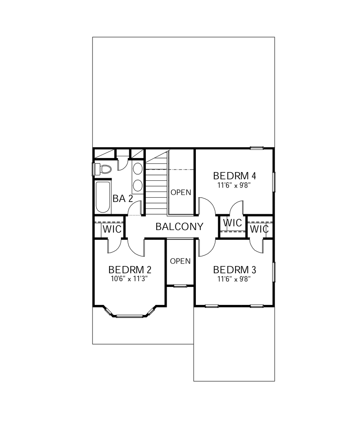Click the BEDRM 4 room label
click(234, 176)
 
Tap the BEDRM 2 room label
click(130, 270)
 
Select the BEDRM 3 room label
click(234, 270)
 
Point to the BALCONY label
click(179, 227)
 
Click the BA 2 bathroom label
click(123, 199)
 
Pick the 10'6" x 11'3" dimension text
click(130, 278)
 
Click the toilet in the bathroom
click(104, 169)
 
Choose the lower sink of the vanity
click(138, 185)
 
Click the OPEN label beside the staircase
click(181, 193)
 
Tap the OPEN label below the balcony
click(180, 261)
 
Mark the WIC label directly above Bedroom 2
click(113, 229)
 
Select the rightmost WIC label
click(259, 229)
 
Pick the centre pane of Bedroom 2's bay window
click(130, 316)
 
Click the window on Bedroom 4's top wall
click(257, 148)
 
